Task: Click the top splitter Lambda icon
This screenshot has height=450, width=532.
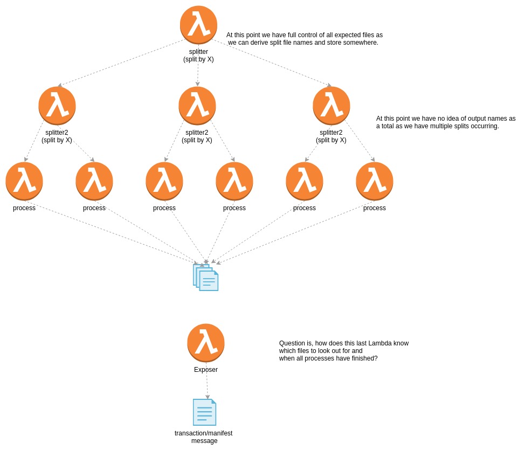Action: tap(198, 25)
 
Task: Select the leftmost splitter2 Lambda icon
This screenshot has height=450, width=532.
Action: tap(57, 106)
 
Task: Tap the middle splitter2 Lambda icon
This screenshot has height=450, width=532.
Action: tap(197, 106)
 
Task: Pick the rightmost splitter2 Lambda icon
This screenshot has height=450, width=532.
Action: tap(331, 106)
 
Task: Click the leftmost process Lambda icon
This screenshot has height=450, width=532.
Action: tap(24, 181)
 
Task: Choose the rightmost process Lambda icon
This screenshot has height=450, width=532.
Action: tap(375, 181)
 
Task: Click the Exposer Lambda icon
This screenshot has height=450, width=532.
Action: tap(206, 343)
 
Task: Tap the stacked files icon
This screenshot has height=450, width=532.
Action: tap(206, 278)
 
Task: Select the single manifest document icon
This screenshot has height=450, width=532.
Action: tap(205, 412)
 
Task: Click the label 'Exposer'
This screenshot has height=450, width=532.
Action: tap(206, 370)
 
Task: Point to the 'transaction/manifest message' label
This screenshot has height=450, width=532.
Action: tap(204, 437)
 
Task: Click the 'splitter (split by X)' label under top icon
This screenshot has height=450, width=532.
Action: tap(198, 56)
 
